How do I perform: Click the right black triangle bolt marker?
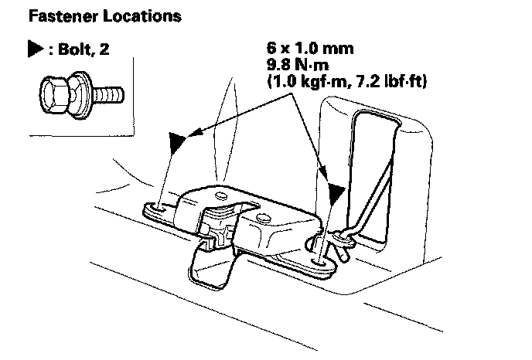point(335,193)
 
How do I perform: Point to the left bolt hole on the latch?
point(158,208)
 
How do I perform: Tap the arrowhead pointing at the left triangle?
point(191,133)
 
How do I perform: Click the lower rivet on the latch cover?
point(266,219)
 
